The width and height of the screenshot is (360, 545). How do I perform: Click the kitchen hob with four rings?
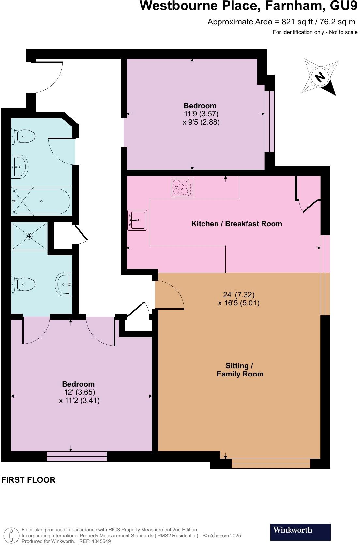coord(182,187)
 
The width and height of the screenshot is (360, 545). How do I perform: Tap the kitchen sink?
coord(137,220)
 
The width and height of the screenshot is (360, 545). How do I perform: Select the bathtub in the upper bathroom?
coord(41,201)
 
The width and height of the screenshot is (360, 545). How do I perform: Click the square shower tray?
coord(29,236)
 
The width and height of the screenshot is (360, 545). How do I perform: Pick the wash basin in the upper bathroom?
coord(20,167)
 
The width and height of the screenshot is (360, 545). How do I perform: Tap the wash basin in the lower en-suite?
coord(64,284)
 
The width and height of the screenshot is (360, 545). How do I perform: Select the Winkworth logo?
coord(300,532)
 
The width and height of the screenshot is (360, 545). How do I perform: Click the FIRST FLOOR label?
coord(28,480)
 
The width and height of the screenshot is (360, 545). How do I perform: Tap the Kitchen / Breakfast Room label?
coord(236,224)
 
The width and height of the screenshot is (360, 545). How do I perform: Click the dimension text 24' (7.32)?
coord(239,295)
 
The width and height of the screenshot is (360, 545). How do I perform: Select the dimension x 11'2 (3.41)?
coord(79,400)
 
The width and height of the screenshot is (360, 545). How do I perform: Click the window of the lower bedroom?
coord(77,456)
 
